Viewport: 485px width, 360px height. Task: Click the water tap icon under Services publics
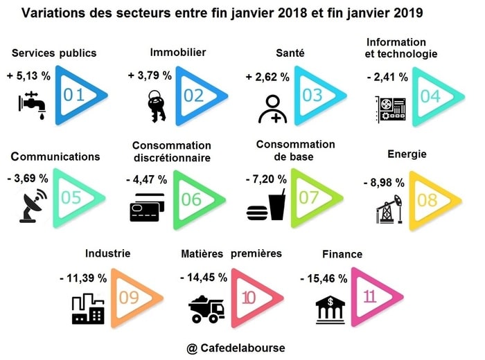(x=32, y=105)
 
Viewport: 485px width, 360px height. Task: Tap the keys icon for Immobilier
(x=153, y=106)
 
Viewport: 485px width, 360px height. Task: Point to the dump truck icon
(x=206, y=306)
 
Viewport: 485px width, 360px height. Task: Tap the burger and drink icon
(x=266, y=206)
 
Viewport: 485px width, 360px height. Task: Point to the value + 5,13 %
(x=28, y=75)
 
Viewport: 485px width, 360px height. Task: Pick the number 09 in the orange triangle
(x=130, y=299)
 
